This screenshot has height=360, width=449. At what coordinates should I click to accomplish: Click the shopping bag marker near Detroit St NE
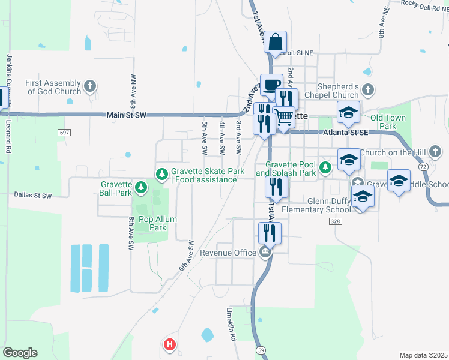coord(275,43)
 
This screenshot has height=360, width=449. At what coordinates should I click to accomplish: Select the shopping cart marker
coord(284,118)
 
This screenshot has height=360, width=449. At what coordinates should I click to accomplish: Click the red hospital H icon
coord(170,344)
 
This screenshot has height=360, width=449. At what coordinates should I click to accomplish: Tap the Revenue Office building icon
coord(265,253)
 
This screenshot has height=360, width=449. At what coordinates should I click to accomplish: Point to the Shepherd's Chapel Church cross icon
coord(368,91)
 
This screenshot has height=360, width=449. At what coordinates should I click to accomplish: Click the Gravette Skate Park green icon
coord(161,175)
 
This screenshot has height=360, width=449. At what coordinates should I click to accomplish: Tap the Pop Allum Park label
coord(158,223)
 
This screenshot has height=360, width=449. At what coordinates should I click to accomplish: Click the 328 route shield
coord(335,221)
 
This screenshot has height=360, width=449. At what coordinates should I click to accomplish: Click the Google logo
coord(20,353)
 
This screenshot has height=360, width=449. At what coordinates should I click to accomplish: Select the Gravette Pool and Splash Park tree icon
coord(325,167)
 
